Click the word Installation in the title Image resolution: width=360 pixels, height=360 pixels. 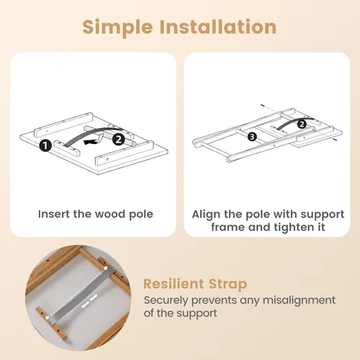click(218, 27)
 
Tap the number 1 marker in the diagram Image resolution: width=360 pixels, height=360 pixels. click(45, 145)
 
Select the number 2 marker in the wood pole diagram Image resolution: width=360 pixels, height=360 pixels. click(119, 140)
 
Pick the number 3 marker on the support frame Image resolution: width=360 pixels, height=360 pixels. click(252, 137)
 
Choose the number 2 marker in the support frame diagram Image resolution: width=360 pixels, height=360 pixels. click(302, 124)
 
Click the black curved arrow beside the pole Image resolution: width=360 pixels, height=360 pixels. click(93, 141)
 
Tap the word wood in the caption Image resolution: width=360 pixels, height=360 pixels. click(110, 214)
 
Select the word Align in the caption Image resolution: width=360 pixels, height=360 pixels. click(206, 215)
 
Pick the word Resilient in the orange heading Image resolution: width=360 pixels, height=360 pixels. click(174, 284)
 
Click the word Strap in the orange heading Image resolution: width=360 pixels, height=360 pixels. click(228, 284)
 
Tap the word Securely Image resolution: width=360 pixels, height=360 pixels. click(166, 300)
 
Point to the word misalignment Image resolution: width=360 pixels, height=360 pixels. click(299, 300)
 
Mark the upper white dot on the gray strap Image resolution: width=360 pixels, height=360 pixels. click(106, 268)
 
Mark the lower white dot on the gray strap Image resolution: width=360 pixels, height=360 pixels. click(48, 318)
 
